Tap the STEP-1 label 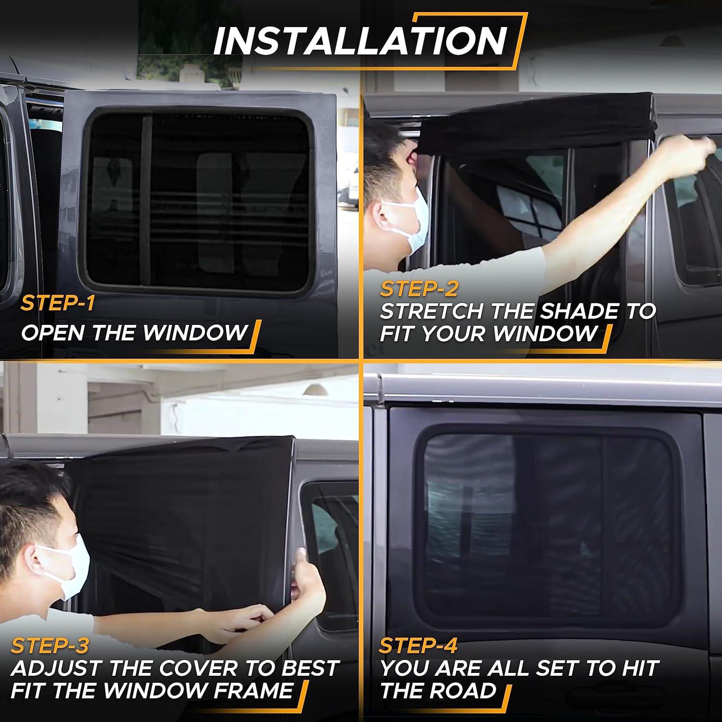pos(57,303)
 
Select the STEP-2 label pos(419,289)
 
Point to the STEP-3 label pos(50,645)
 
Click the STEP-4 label pos(418,645)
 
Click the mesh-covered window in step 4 pos(549,525)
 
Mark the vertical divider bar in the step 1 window pos(146,200)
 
